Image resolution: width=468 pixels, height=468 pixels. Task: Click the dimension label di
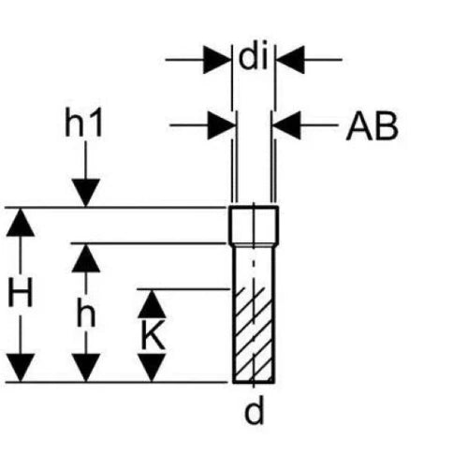click(x=254, y=58)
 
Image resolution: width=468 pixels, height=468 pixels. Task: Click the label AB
click(x=373, y=126)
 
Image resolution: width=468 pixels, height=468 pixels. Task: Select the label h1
click(x=83, y=122)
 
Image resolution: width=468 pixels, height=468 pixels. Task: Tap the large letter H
click(x=21, y=293)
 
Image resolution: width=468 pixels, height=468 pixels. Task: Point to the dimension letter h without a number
click(x=86, y=312)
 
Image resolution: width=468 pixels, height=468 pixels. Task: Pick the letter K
click(x=153, y=334)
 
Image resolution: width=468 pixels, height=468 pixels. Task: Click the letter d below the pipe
click(x=254, y=410)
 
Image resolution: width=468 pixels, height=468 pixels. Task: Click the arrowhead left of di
click(x=217, y=59)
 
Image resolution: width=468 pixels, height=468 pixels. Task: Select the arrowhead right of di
click(x=290, y=59)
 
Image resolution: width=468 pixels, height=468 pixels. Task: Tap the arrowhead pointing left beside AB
click(x=286, y=125)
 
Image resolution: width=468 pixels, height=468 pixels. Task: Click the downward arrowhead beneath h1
click(x=86, y=193)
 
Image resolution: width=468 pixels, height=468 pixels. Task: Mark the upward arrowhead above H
click(x=21, y=222)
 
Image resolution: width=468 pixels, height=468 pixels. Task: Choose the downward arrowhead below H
click(x=21, y=368)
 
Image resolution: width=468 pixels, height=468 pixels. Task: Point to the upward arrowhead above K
click(x=152, y=304)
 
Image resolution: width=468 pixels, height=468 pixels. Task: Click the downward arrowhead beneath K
click(x=152, y=368)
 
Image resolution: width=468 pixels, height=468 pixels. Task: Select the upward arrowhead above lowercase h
click(x=86, y=258)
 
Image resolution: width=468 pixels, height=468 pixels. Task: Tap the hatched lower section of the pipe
click(x=254, y=335)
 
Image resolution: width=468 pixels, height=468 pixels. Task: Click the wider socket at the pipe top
click(x=254, y=226)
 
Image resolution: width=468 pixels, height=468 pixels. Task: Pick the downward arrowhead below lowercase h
click(x=86, y=368)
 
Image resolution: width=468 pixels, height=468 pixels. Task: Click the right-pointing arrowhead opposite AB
click(x=221, y=125)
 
